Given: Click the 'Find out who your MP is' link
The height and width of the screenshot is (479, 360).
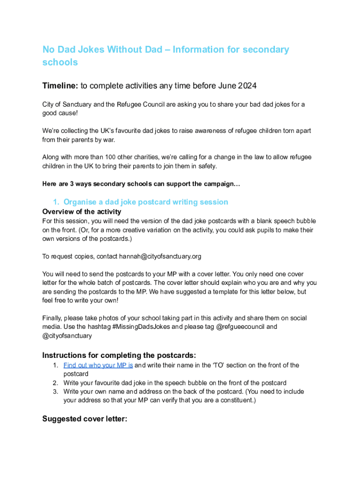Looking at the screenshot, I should pyautogui.click(x=98, y=365).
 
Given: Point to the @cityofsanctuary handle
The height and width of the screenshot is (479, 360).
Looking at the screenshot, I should pyautogui.click(x=67, y=335).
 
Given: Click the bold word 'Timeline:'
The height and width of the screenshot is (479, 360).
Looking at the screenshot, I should pyautogui.click(x=60, y=86).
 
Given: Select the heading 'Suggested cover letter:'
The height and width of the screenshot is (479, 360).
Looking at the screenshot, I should pyautogui.click(x=85, y=419).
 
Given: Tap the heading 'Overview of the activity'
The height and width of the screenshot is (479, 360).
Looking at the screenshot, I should pyautogui.click(x=82, y=212).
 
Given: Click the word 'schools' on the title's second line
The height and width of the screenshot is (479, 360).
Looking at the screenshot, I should pyautogui.click(x=60, y=62).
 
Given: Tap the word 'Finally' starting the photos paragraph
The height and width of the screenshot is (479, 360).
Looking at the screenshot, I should pyautogui.click(x=52, y=318).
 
